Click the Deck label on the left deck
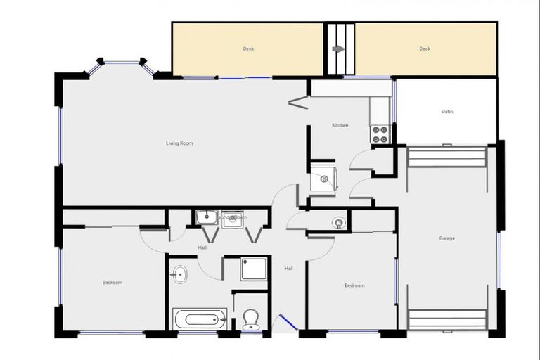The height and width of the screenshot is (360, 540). (x=248, y=49)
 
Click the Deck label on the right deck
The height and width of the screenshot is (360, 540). (x=425, y=49)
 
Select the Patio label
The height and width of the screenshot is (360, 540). (x=447, y=112)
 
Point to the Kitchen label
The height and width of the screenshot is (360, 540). (x=340, y=125)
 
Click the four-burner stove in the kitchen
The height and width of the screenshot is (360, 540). (x=380, y=134)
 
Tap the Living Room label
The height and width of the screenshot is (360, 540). (x=179, y=143)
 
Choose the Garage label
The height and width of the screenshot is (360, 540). (x=447, y=238)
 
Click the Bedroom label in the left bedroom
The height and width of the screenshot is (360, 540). (x=112, y=283)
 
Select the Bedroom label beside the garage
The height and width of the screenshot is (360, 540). (x=354, y=285)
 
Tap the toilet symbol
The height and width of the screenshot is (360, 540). (x=250, y=320)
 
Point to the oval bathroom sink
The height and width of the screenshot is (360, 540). (x=180, y=274)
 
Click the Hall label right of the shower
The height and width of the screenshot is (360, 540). (x=288, y=268)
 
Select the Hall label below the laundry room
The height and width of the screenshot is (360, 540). (x=202, y=247)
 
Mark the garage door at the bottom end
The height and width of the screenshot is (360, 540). (x=446, y=319)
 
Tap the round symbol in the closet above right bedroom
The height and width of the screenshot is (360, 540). (x=340, y=224)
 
